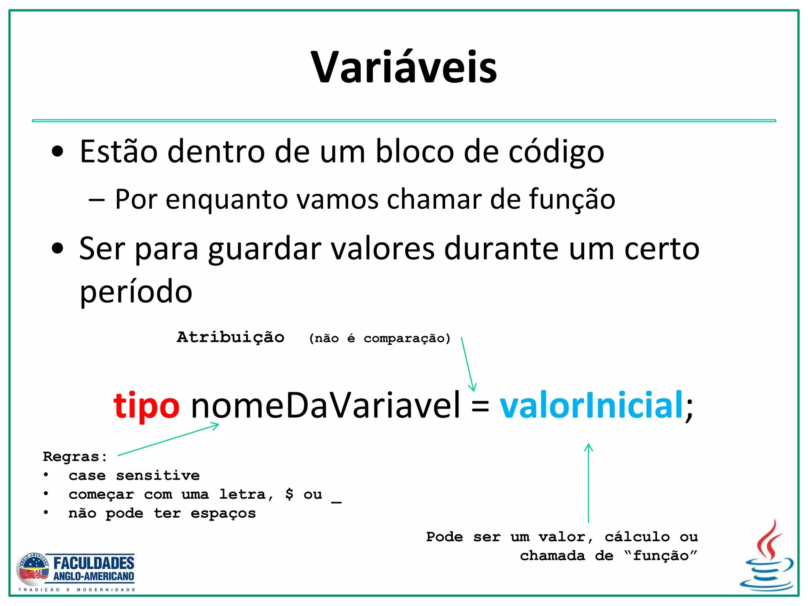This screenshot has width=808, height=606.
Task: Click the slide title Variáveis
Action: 404,67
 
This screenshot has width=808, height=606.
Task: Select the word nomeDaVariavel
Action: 325,405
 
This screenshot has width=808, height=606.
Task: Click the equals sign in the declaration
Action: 480,406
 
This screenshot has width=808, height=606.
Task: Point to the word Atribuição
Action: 230,337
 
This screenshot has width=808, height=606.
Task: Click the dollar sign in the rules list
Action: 289,494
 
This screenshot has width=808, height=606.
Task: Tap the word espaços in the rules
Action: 223,513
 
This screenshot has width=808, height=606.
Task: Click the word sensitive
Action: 158,475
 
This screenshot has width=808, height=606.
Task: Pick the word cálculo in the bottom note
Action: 637,537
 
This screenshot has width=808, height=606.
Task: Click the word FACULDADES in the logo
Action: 94,563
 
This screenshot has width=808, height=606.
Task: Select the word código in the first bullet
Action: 556,152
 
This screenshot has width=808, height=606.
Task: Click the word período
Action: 136,291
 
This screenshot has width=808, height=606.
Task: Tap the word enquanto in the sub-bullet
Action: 226,199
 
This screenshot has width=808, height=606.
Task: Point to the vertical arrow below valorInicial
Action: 588,483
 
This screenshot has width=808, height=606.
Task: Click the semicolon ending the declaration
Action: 689,408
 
